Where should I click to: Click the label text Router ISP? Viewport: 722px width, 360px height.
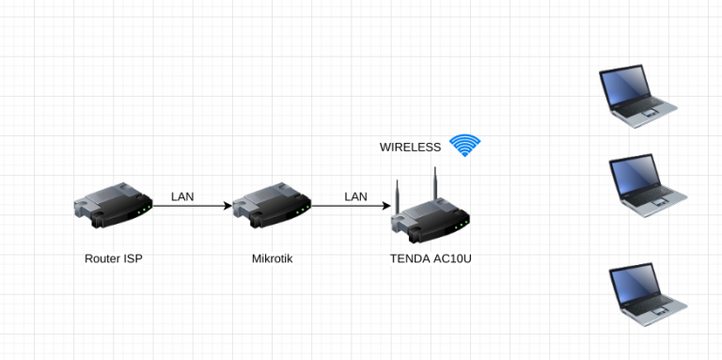point(113,258)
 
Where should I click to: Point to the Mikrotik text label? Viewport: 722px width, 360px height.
point(272,258)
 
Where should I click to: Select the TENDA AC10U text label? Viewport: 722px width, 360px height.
point(431,258)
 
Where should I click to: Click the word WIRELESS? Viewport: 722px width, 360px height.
point(410,148)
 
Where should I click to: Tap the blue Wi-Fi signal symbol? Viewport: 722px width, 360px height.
point(464,145)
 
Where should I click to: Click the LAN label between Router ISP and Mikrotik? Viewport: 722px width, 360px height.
point(183,196)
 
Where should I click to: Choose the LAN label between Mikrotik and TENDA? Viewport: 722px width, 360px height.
point(355,196)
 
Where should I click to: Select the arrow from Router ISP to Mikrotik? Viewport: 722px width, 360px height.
point(192,206)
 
